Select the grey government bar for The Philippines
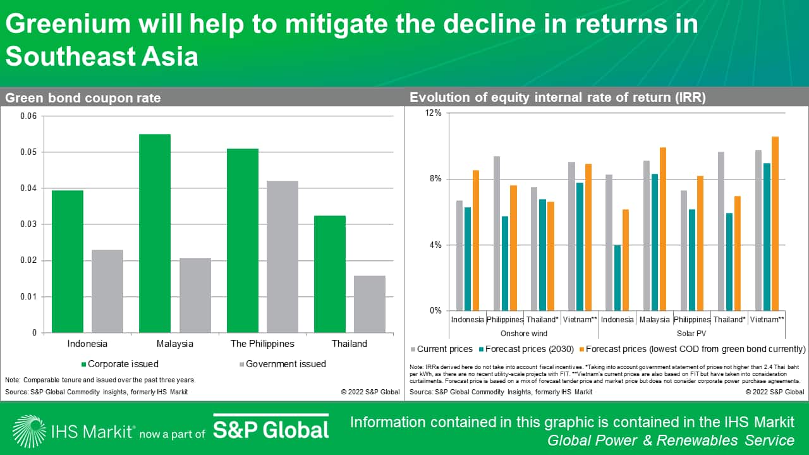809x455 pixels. (x=282, y=257)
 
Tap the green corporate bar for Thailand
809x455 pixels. (x=330, y=274)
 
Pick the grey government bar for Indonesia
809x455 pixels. (x=107, y=291)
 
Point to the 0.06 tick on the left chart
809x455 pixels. (x=29, y=116)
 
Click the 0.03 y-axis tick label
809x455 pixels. (x=29, y=224)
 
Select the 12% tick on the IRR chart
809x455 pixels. (x=433, y=113)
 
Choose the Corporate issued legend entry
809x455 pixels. (x=120, y=364)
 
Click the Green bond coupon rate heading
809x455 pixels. (x=83, y=98)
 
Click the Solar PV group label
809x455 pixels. (x=693, y=333)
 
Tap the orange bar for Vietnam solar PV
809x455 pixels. (x=776, y=224)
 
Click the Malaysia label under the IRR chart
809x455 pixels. (x=654, y=320)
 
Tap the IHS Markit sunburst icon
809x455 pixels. (x=28, y=431)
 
